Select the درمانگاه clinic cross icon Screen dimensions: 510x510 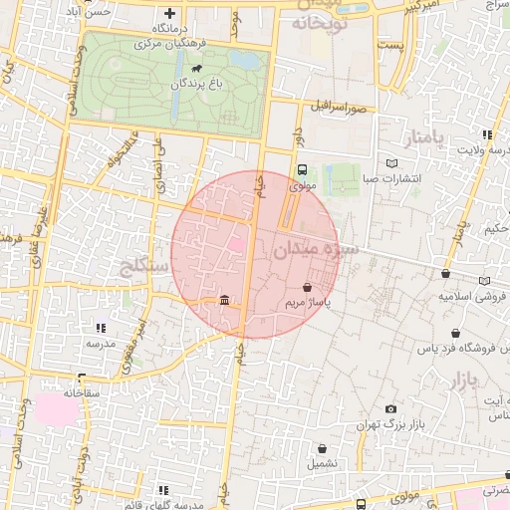pyautogui.click(x=169, y=14)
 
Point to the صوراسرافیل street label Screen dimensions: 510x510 pyautogui.click(x=340, y=105)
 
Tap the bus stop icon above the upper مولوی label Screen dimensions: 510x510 pyautogui.click(x=302, y=169)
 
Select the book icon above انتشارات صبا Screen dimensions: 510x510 pyautogui.click(x=392, y=163)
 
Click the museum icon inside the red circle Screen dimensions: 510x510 pyautogui.click(x=222, y=301)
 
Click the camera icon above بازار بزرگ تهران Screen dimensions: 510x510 pyautogui.click(x=389, y=409)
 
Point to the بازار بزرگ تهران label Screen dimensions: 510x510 pyautogui.click(x=389, y=426)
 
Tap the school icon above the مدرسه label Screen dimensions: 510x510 pyautogui.click(x=100, y=327)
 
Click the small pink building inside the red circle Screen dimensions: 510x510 pyautogui.click(x=236, y=244)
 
